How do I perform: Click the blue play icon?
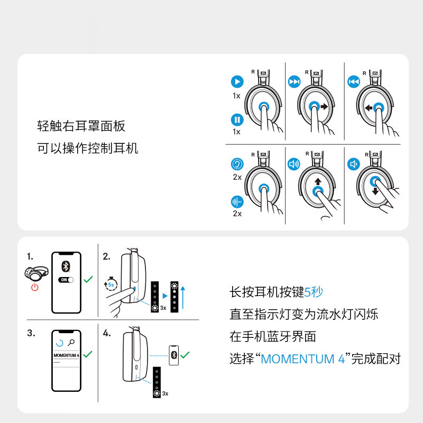pyautogui.click(x=237, y=81)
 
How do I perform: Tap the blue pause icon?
pyautogui.click(x=237, y=119)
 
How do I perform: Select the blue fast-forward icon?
pyautogui.click(x=294, y=81)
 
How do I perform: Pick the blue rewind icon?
pyautogui.click(x=353, y=81)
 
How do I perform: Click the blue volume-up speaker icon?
pyautogui.click(x=294, y=164)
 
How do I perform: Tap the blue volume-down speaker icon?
pyautogui.click(x=353, y=164)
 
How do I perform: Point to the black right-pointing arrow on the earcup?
pyautogui.click(x=324, y=107)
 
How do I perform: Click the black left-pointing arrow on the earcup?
pyautogui.click(x=369, y=108)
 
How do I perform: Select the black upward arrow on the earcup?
pyautogui.click(x=318, y=181)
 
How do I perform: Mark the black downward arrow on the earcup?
pyautogui.click(x=375, y=191)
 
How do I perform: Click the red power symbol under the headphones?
pyautogui.click(x=35, y=287)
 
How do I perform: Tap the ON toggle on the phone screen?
pyautogui.click(x=66, y=280)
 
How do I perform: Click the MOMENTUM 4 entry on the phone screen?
pyautogui.click(x=67, y=355)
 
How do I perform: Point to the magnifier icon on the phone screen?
pyautogui.click(x=71, y=343)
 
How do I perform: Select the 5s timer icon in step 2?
pyautogui.click(x=111, y=284)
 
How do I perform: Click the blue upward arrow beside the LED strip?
pyautogui.click(x=183, y=297)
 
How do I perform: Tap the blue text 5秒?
pyautogui.click(x=314, y=292)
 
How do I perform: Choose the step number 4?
pyautogui.click(x=107, y=333)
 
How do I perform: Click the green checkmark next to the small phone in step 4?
pyautogui.click(x=185, y=355)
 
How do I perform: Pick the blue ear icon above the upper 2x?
pyautogui.click(x=237, y=164)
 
